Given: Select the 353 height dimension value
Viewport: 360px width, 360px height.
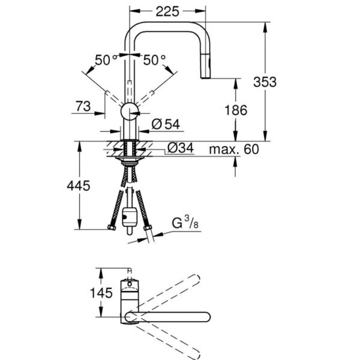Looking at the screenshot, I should click(265, 82).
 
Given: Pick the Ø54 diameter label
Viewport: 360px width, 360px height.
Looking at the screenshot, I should click(166, 124).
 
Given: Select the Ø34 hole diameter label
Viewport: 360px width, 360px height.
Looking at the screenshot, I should click(180, 148).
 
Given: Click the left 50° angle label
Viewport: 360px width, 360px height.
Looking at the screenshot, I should click(107, 59).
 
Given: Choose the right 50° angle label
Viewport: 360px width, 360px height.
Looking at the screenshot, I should click(154, 59).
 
